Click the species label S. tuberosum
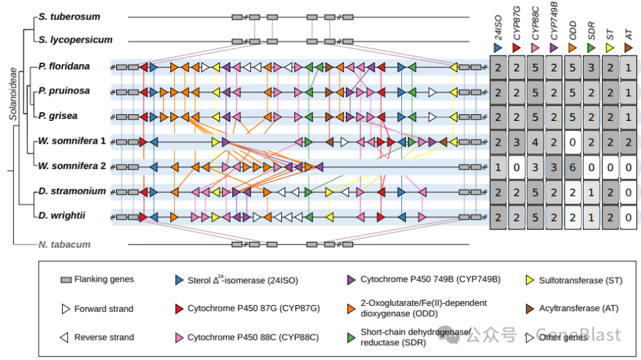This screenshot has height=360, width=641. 69,15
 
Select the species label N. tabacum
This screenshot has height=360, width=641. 64,244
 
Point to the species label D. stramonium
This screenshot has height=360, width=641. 72,191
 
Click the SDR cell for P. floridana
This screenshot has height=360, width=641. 592,67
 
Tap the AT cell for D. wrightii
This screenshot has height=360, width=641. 628,218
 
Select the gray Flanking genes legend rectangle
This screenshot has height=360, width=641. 65,280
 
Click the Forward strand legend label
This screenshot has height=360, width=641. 103,309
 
